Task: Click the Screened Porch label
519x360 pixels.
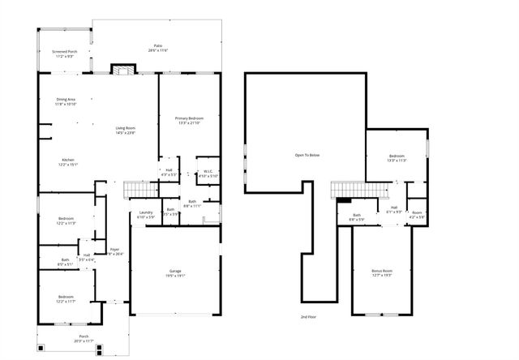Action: [65, 52]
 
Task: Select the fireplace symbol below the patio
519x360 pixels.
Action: [122, 71]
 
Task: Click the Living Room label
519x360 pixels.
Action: [125, 131]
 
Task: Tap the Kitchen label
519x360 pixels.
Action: [68, 161]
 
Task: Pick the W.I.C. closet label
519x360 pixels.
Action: [208, 172]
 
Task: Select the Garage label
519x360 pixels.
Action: [175, 271]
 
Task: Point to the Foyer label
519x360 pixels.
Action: [114, 250]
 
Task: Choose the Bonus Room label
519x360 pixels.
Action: [382, 271]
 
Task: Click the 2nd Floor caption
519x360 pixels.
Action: [308, 316]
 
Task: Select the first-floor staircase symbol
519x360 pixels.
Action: [140, 190]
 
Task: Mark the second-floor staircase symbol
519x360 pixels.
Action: [361, 190]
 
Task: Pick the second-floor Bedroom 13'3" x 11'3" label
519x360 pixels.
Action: [397, 157]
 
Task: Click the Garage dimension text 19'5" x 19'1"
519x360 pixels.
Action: [176, 276]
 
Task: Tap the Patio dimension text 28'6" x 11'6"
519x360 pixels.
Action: [158, 51]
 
